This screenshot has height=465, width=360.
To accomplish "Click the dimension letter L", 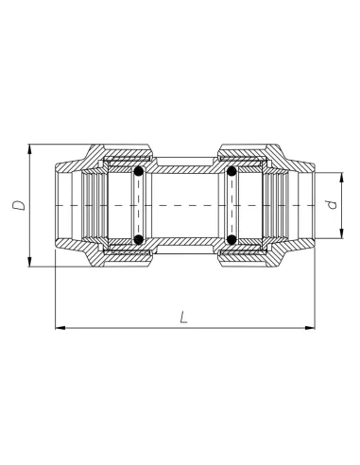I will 183,319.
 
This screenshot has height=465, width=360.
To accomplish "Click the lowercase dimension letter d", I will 330,205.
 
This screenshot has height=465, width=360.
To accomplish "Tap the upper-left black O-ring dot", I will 139,172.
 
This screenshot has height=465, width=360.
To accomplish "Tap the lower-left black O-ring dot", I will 139,240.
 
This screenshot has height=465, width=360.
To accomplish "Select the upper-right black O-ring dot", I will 230,172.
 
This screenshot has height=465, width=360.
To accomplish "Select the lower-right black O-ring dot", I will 230,240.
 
